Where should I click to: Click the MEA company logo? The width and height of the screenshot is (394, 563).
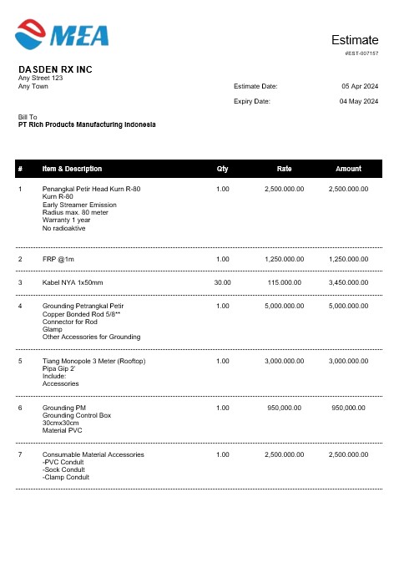coord(62,33)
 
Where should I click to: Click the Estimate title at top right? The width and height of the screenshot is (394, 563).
coord(355,40)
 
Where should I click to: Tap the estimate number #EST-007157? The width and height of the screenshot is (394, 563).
coord(361,53)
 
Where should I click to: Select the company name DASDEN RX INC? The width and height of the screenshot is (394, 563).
coord(55,69)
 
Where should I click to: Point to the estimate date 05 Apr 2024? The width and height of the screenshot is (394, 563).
coord(360,86)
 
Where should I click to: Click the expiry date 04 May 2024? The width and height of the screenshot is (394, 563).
coord(359,101)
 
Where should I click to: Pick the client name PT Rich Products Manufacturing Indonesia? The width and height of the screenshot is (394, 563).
coord(87,124)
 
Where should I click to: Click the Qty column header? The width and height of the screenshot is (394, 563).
coord(222,169)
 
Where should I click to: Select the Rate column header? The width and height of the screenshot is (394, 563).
coord(284,169)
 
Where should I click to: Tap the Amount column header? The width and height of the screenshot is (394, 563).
coord(348,169)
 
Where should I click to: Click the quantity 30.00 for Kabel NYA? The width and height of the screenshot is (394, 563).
coord(222,282)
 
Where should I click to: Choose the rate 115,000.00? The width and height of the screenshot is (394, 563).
coord(284,282)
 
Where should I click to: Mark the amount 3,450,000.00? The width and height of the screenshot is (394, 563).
coord(348,282)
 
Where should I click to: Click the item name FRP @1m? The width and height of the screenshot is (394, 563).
coord(58,259)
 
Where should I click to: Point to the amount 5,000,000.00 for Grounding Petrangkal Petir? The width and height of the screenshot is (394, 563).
coord(348,306)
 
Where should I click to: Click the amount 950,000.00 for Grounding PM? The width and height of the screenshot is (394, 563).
coord(348,408)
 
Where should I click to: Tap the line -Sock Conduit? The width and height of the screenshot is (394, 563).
coord(65,469)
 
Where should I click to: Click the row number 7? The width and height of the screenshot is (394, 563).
coord(20,454)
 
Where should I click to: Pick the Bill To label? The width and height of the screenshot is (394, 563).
coord(28,117)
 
